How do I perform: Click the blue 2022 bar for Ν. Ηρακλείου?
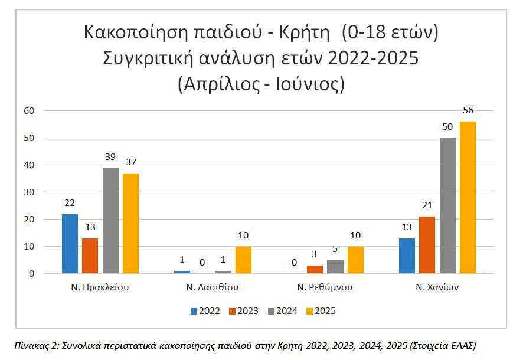(x=70, y=243)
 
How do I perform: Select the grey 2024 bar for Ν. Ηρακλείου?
(x=110, y=220)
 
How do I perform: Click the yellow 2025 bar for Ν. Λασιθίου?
(x=243, y=260)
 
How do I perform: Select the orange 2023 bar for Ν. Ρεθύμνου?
(x=315, y=269)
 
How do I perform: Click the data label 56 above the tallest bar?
(x=469, y=110)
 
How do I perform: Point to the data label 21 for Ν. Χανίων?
(x=427, y=205)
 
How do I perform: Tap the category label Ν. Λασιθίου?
(x=213, y=288)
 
